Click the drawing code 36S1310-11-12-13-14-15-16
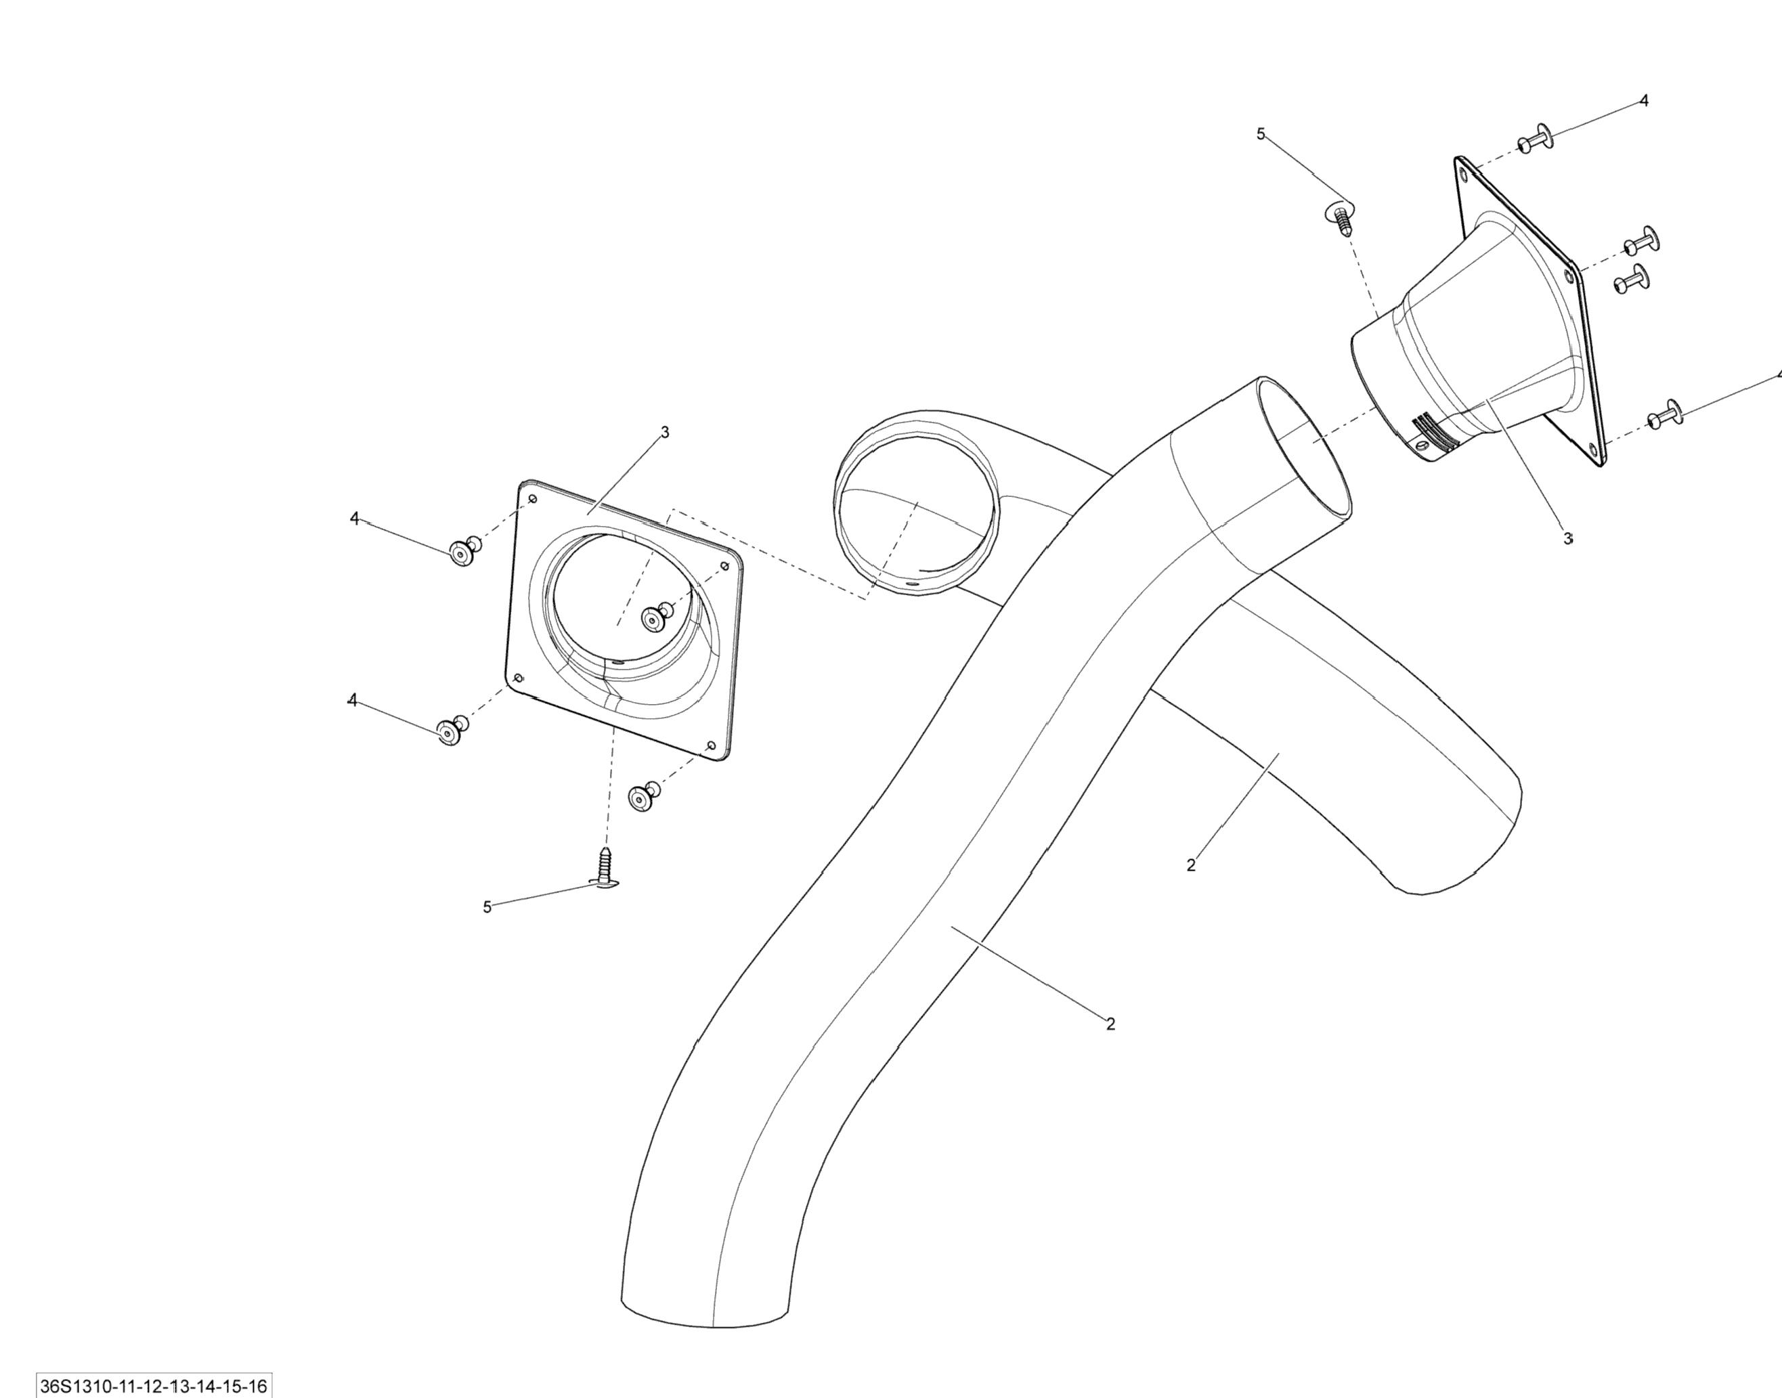154,1386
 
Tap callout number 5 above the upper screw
1261,133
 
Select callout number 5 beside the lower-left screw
487,907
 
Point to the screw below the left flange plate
605,867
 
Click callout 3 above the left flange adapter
665,432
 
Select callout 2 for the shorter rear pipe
1191,865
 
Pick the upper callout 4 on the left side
354,518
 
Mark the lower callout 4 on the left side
353,700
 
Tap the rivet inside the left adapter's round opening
655,618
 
